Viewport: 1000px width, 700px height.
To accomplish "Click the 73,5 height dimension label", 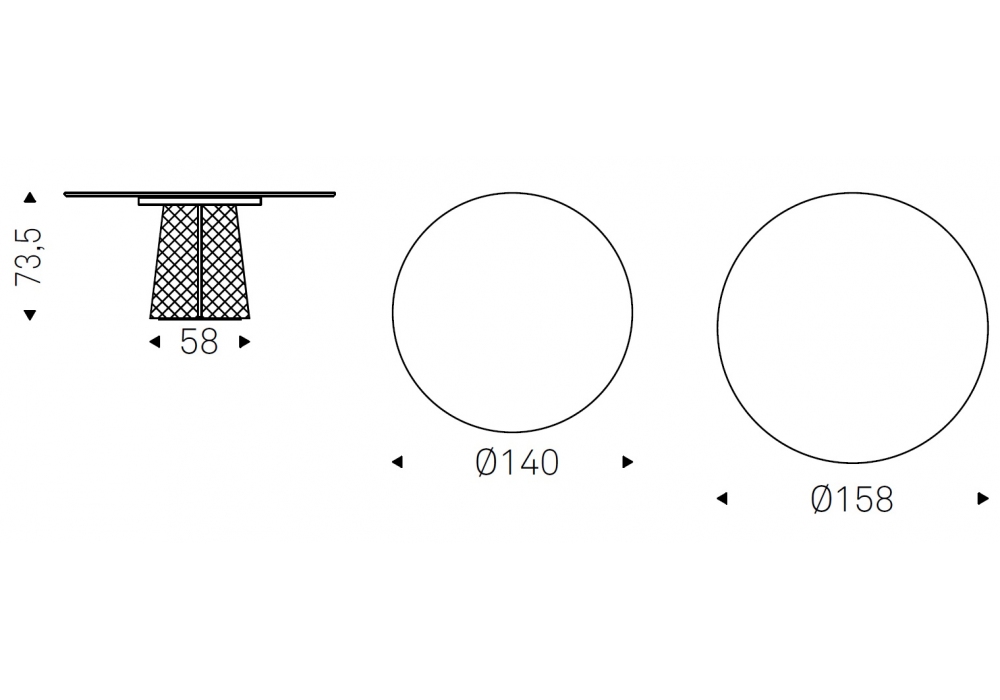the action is tap(29, 256).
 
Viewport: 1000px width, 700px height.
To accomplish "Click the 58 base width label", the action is tap(199, 342).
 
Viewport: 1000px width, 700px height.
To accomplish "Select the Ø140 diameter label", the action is tap(517, 462).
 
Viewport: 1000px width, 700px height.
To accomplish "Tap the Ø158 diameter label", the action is tap(851, 499).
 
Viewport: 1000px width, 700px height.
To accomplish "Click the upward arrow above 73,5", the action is tap(30, 198).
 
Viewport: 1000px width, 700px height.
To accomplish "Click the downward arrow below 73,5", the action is tap(30, 314).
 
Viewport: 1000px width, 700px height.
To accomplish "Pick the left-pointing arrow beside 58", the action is tap(154, 342).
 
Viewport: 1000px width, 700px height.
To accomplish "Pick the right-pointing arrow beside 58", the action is tap(244, 342).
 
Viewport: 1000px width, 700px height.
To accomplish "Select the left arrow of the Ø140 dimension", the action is tap(397, 462).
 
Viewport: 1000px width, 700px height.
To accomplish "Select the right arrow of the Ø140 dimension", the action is tap(628, 462).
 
